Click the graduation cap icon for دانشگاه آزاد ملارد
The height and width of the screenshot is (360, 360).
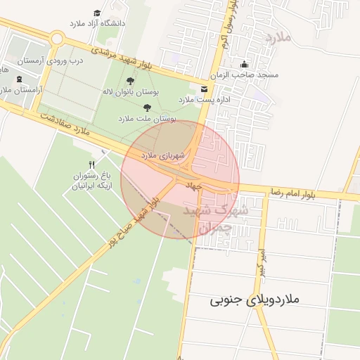click(x=97, y=13)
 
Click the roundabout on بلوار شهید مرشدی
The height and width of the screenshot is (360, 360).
click(x=58, y=40)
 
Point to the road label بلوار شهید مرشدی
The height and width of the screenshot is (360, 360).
click(x=123, y=59)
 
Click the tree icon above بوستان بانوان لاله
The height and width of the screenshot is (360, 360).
click(x=130, y=81)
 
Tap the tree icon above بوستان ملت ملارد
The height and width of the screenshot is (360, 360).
click(x=147, y=108)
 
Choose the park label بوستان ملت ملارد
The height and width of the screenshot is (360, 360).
click(x=148, y=120)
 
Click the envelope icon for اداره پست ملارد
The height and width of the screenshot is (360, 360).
click(x=204, y=89)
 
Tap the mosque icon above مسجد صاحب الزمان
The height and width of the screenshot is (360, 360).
click(x=244, y=64)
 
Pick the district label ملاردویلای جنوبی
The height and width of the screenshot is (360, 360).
click(x=255, y=300)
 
